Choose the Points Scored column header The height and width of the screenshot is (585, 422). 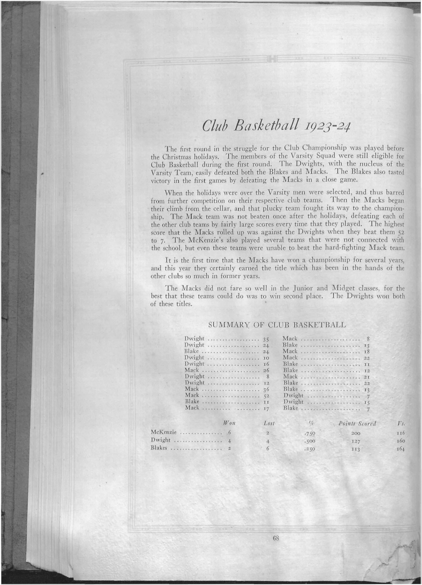357,423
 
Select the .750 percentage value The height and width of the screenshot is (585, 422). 309,433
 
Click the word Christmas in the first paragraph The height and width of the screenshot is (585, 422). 178,156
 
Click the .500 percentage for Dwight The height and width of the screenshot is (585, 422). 309,440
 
